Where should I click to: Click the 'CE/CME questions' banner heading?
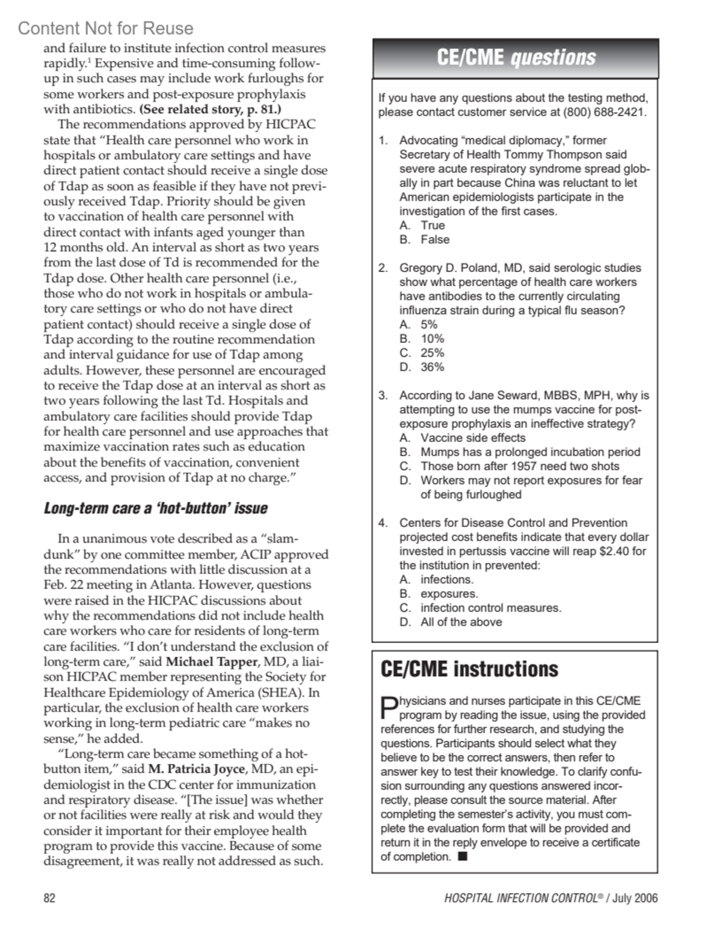[516, 58]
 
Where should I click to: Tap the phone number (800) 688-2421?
[603, 113]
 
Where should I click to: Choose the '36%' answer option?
[422, 367]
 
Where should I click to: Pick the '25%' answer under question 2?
[422, 353]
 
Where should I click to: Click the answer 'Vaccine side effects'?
[472, 438]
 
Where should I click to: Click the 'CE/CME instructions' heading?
[469, 669]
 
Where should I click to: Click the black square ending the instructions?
[462, 857]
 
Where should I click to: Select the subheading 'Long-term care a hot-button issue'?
[156, 509]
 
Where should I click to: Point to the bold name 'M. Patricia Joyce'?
[197, 769]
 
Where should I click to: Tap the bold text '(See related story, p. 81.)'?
[210, 110]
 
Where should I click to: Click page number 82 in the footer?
[49, 898]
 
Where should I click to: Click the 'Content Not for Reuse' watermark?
[106, 28]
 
